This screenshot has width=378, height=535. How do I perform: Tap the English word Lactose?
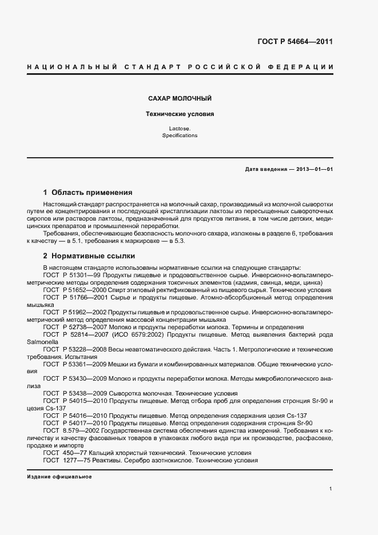180,129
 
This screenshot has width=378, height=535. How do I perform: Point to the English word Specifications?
180,136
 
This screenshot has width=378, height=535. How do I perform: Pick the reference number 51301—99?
82,275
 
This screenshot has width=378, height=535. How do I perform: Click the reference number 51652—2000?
84,290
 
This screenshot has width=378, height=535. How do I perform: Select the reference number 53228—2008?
84,349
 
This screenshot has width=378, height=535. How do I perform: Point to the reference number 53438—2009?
84,394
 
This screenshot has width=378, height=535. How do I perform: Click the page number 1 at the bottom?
331,489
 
